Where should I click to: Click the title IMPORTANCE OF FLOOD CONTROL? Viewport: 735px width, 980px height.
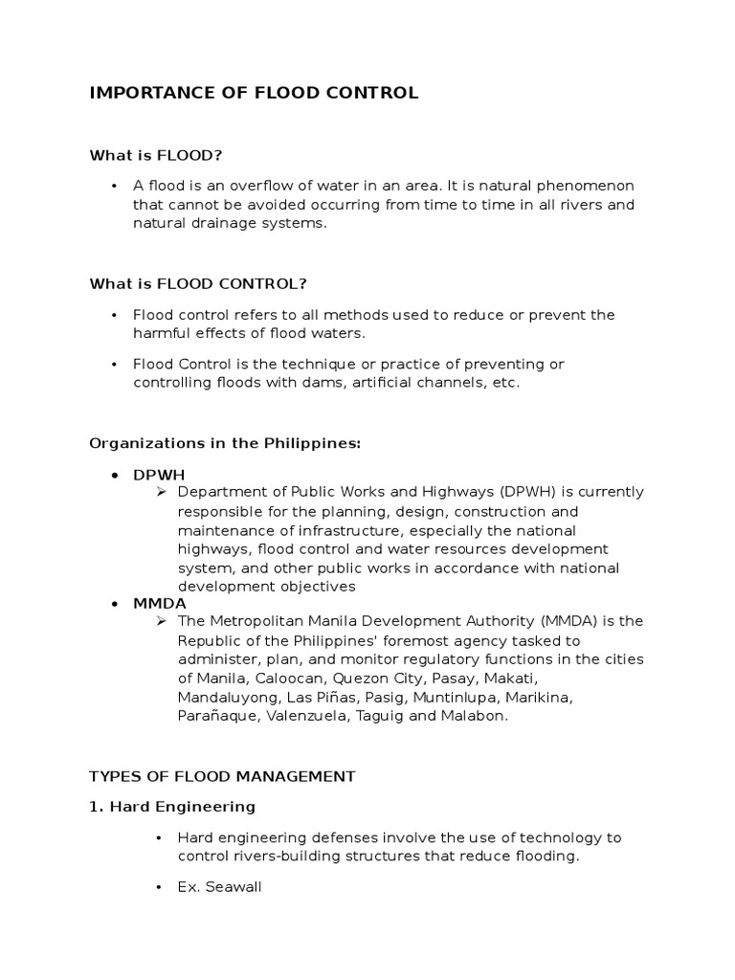(x=254, y=93)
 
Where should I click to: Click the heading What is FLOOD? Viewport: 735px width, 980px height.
(x=162, y=154)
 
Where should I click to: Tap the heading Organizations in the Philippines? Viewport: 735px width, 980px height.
(x=224, y=443)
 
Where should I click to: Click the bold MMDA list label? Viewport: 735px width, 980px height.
(x=160, y=604)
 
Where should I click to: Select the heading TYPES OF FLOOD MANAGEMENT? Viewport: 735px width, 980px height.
(x=222, y=775)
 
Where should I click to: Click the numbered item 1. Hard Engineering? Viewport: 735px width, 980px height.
(x=172, y=806)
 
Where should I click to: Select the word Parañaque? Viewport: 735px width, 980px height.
(x=215, y=715)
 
